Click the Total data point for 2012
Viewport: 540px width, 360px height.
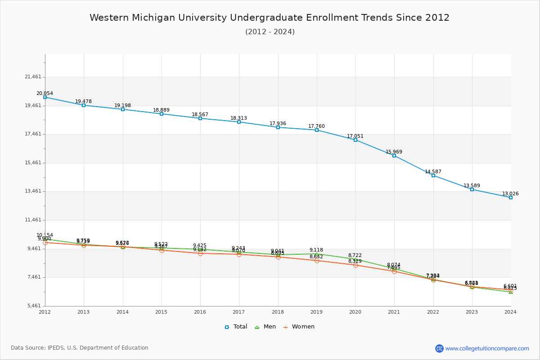point(45,97)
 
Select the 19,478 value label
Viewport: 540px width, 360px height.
point(83,101)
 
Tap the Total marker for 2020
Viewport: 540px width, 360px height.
point(355,140)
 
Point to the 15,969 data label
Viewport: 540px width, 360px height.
point(394,152)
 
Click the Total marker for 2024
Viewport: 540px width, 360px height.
point(511,198)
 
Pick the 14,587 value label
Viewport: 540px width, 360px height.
point(433,171)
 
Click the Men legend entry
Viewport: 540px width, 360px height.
point(266,327)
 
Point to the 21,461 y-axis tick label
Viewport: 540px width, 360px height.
point(33,77)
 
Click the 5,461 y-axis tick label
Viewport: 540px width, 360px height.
point(34,306)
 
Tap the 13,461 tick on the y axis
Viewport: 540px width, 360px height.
point(33,191)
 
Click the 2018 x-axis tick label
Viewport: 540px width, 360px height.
point(278,311)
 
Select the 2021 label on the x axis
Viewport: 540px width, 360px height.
point(394,311)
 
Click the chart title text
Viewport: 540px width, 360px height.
point(270,18)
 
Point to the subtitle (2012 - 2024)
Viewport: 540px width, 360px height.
point(270,31)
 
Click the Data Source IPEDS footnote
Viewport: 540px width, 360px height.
point(80,348)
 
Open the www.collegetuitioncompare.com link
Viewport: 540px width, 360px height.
point(487,348)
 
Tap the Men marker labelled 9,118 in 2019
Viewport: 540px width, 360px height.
point(317,254)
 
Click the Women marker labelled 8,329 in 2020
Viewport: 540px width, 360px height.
point(355,265)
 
